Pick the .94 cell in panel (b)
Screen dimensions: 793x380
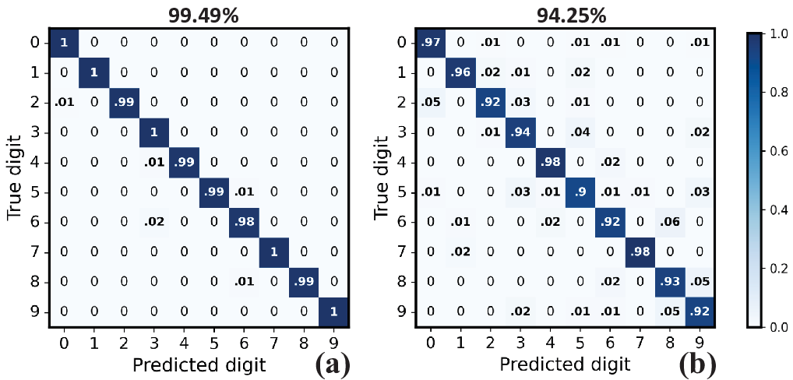click(x=520, y=133)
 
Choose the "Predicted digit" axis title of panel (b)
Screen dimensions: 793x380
click(x=564, y=364)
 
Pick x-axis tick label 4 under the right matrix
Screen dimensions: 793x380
click(x=549, y=342)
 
